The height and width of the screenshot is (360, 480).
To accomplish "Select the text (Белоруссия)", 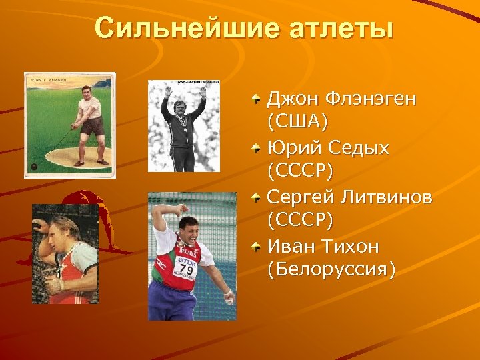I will (331, 270).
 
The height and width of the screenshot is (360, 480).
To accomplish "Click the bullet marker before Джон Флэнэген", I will (257, 99).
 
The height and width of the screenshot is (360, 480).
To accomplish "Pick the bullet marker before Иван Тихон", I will (257, 247).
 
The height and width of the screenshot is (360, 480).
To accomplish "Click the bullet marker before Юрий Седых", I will (257, 149).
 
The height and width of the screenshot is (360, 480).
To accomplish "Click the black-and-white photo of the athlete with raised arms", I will (183, 127).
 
